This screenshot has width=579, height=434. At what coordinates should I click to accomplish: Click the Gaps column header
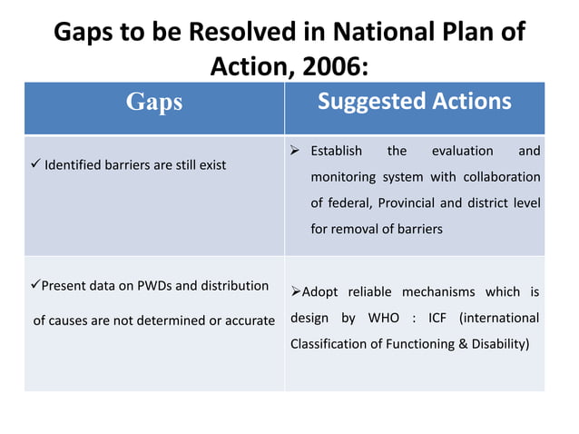pos(154,103)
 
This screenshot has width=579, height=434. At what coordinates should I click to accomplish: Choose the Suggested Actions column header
pos(414,102)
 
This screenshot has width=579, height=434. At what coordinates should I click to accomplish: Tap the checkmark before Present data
pos(37,285)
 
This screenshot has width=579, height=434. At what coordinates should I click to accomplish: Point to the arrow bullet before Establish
pos(296,151)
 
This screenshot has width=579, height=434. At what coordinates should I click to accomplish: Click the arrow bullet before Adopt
pos(296,291)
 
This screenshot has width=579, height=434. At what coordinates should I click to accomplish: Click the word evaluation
pos(462,151)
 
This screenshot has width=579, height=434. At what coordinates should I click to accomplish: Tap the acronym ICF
pos(441,318)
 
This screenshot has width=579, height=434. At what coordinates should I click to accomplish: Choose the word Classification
pos(331,345)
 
